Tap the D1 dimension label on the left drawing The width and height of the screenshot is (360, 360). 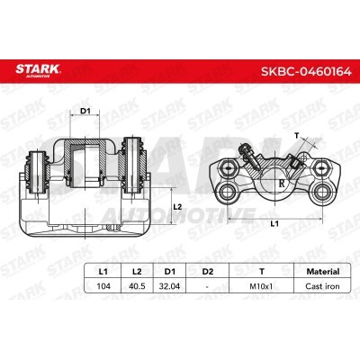86,112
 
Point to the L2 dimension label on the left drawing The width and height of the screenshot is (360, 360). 178,209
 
